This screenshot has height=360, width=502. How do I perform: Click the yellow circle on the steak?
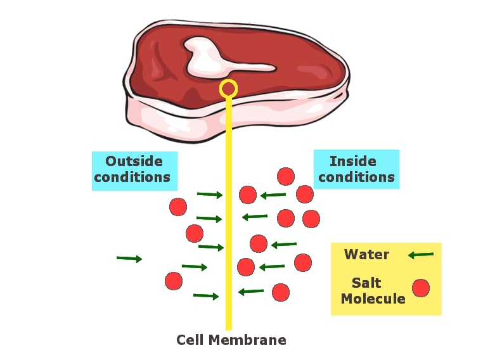point(228,89)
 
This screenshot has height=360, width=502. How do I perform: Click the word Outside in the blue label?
point(134,161)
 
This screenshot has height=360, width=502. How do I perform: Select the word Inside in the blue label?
point(353,161)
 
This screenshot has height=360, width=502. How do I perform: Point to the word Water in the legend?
point(366,255)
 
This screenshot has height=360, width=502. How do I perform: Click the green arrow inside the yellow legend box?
point(421,255)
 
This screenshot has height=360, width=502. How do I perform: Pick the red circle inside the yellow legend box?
point(421,288)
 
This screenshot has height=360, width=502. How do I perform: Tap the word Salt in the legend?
point(367,283)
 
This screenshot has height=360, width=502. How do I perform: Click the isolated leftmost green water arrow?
point(129,259)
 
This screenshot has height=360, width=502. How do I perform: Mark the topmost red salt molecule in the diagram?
point(286,176)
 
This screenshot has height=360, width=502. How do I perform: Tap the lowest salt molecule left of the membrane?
point(174,281)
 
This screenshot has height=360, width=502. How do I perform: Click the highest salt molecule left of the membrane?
point(178,207)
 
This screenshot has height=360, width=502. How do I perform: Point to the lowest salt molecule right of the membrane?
point(281,292)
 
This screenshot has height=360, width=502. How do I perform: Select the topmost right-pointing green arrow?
point(210,195)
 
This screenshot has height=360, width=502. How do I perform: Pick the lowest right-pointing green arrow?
point(206,295)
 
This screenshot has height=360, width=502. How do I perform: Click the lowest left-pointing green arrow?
point(251,292)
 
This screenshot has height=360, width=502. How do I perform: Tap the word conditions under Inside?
point(356,177)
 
